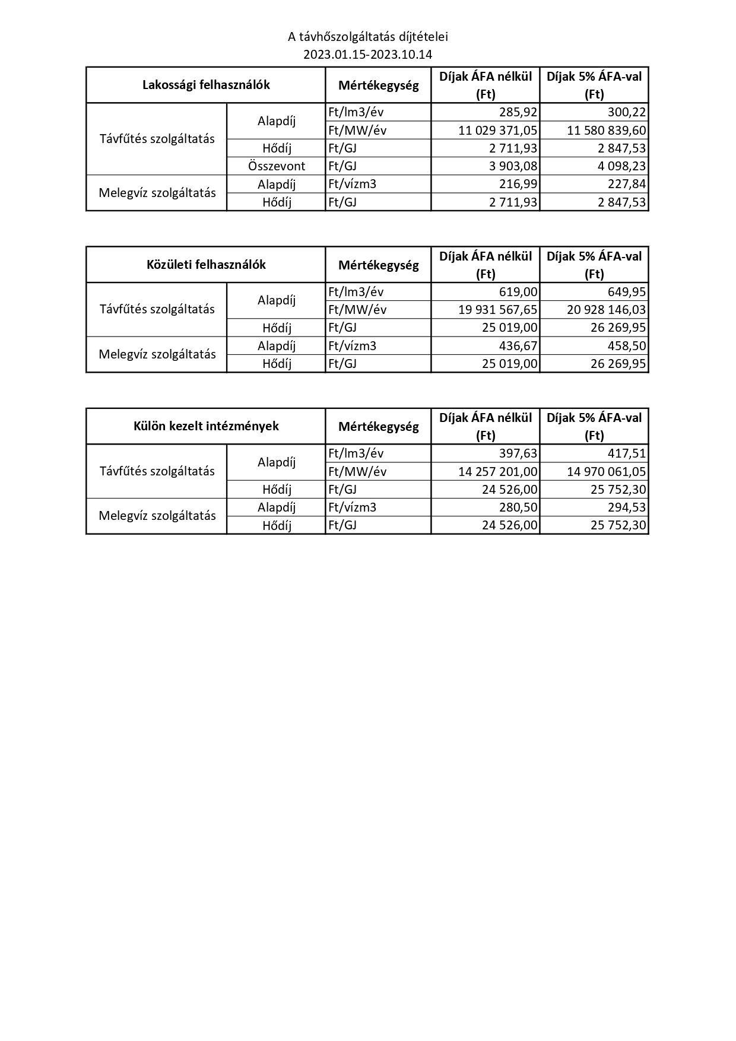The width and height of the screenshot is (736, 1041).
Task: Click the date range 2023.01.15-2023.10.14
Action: pos(367,55)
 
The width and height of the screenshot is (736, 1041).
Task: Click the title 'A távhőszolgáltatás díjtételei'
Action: pos(367,37)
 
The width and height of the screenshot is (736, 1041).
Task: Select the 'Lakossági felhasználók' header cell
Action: pos(206,85)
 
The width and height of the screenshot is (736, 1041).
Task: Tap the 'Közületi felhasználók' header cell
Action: pos(206,265)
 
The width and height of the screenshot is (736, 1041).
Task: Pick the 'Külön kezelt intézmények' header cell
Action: pos(206,426)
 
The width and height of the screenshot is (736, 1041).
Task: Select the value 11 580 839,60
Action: pos(607,130)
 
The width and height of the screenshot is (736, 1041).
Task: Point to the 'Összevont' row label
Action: pos(277,166)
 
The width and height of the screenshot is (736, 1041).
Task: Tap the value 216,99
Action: pos(518,184)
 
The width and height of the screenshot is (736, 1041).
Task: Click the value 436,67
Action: pos(518,345)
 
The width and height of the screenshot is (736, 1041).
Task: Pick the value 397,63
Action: pos(518,453)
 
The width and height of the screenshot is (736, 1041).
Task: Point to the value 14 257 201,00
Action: pos(498,471)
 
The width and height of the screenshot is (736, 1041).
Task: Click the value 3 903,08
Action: pos(513,166)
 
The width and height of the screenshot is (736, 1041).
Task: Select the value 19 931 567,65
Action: pos(498,310)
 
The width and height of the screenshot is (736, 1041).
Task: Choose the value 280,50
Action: pos(518,507)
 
